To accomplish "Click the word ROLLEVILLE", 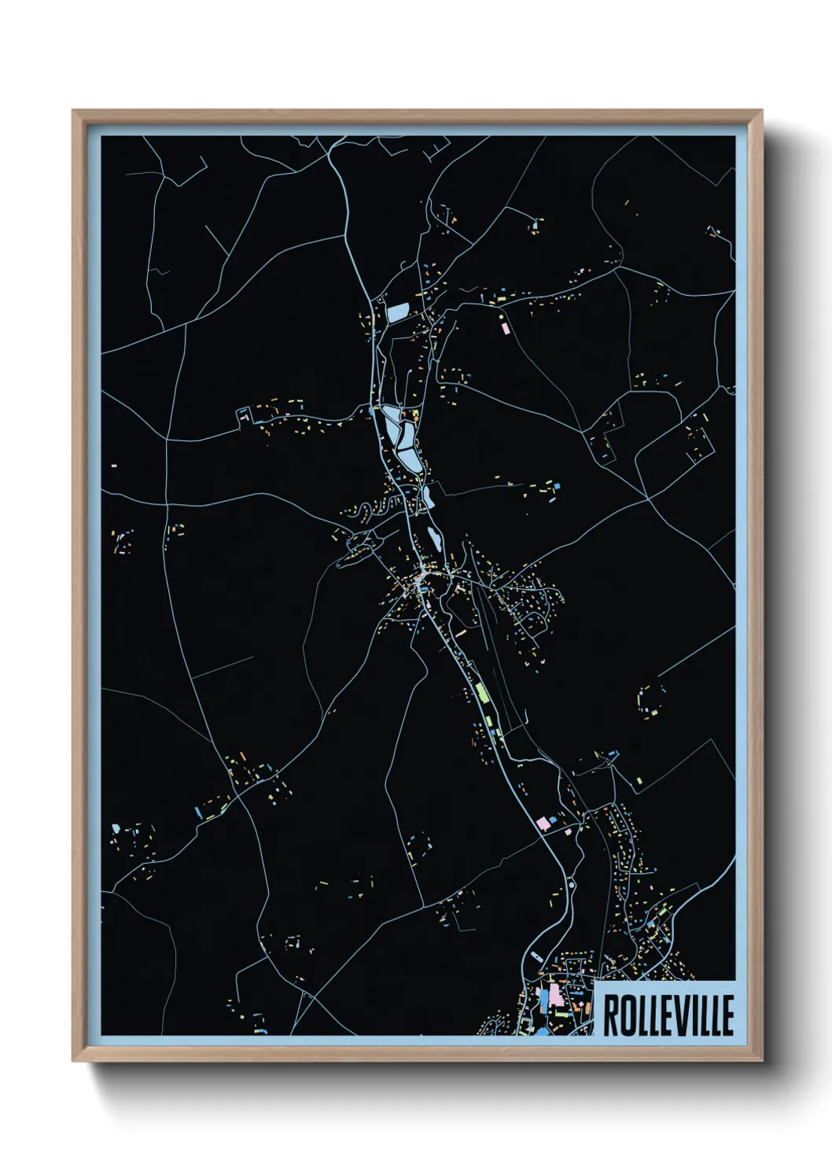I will [x=668, y=1015].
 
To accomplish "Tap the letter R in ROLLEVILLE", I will [x=610, y=1015].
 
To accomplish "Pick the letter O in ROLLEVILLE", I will [x=626, y=1015].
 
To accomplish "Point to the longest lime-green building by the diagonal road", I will [x=481, y=693].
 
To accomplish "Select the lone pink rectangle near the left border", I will [x=114, y=466].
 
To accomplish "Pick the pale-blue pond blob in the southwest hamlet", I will [x=116, y=827].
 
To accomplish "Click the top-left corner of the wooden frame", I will [x=74, y=111].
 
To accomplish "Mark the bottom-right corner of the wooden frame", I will [x=761, y=1060].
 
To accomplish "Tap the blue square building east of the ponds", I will [x=558, y=488].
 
